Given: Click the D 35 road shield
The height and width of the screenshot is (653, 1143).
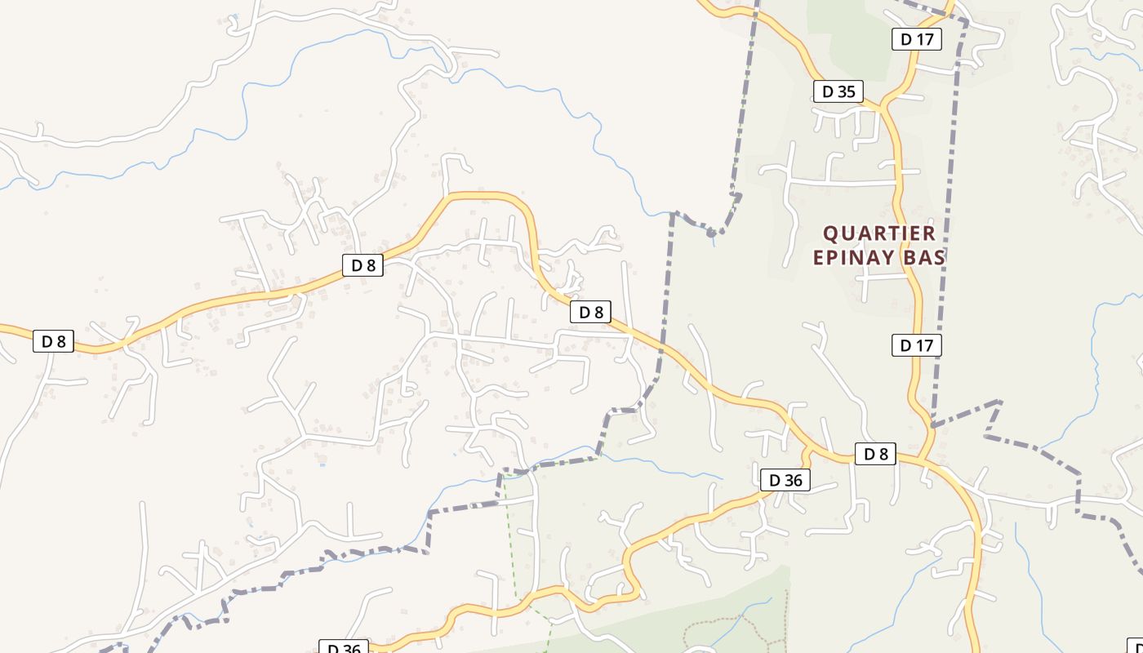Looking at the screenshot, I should tap(838, 91).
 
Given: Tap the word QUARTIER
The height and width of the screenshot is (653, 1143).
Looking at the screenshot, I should tap(878, 233).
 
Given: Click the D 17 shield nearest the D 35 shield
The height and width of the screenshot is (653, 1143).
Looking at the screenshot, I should tap(917, 38).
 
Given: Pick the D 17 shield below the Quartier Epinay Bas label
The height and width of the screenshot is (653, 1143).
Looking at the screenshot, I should tap(916, 345).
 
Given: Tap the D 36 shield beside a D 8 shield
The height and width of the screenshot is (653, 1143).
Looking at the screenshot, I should tap(785, 480).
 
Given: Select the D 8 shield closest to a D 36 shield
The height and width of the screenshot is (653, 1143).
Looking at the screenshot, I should tap(875, 454).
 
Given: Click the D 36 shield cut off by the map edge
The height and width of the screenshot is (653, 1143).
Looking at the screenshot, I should tap(343, 648).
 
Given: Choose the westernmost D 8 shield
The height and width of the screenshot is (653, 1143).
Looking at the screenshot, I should tap(54, 341).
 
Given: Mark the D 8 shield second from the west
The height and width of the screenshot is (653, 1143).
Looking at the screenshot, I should tap(362, 264).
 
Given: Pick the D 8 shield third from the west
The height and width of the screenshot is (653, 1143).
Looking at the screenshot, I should tap(590, 312).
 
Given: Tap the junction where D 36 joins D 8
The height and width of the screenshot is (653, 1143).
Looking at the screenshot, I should tap(808, 451).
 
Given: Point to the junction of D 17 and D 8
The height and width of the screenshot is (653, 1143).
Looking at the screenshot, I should tap(923, 459).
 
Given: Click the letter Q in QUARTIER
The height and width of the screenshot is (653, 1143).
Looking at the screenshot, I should tap(830, 233).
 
